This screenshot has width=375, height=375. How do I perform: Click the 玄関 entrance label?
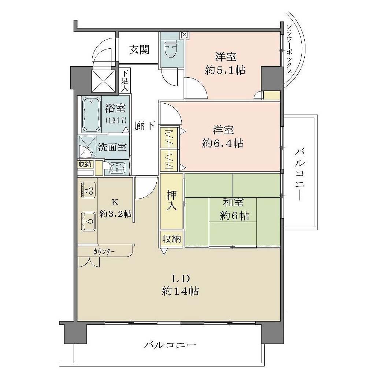tap(139, 50)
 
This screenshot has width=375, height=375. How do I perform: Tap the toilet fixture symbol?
tap(171, 48)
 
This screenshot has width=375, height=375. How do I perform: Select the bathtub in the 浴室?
tap(91, 115)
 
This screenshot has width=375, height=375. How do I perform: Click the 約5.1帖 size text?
tap(225, 70)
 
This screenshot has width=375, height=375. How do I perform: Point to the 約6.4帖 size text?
tap(222, 144)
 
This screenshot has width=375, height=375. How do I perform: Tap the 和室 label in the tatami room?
tap(233, 203)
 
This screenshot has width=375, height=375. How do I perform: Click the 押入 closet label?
tap(171, 200)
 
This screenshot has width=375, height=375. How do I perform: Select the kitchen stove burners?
tap(89, 190)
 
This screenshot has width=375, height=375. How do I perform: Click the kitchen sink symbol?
tap(88, 221)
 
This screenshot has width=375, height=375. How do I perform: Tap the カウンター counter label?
tap(104, 252)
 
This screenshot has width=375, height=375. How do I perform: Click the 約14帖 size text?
tap(180, 291)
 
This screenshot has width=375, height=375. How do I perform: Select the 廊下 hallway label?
tap(144, 126)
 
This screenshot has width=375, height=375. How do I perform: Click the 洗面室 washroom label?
tap(112, 147)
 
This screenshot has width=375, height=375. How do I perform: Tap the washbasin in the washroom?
tap(116, 167)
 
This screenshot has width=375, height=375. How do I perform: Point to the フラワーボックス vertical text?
tap(289, 49)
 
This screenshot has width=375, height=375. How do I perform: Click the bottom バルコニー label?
tap(170, 345)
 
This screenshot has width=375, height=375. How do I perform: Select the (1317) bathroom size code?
tap(116, 120)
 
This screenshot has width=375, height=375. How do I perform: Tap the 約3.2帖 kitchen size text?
tap(115, 214)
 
